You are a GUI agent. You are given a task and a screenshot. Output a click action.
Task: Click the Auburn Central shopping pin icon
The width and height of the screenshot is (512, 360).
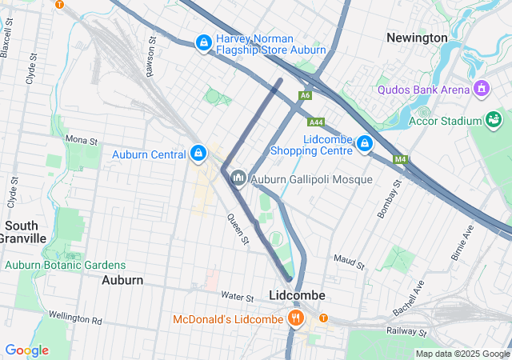point(198,153)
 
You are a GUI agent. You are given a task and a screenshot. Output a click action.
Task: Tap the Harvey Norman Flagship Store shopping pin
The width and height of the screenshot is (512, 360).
point(204,42)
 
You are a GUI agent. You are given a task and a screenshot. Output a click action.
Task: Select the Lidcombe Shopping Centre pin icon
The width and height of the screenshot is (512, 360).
point(364,143)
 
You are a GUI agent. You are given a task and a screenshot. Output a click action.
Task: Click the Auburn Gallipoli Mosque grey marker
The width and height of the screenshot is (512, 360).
point(238,178)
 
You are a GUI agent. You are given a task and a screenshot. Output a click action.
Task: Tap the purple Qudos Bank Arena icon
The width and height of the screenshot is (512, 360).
point(481,88)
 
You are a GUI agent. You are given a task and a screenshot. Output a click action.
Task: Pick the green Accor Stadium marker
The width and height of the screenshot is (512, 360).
point(494,120)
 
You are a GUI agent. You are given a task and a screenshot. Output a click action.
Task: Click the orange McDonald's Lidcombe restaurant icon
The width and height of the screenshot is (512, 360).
point(296,318)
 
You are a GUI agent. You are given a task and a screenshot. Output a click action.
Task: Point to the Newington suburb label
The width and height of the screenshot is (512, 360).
point(417,38)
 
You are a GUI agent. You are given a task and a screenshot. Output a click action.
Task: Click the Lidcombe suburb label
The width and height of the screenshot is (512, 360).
point(297,295)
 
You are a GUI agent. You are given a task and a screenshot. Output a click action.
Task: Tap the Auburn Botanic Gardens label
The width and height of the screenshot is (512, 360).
point(65,265)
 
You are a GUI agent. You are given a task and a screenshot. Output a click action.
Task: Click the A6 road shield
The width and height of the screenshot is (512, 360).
point(305,96)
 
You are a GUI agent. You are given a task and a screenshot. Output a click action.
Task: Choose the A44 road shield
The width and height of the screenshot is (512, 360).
point(317,122)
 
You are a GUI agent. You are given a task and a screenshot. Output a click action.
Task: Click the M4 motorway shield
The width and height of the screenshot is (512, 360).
point(400,159)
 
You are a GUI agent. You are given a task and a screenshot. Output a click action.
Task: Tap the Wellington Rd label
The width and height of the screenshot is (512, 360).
point(75,320)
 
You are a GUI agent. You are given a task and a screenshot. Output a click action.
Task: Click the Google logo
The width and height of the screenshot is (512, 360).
point(26,350)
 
